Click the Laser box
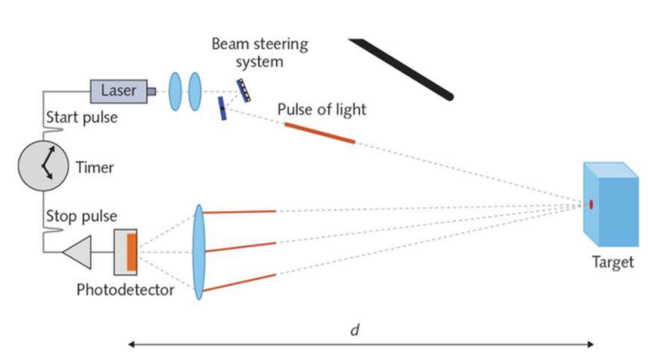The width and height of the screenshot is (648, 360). (118, 89)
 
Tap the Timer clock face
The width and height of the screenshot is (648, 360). (43, 165)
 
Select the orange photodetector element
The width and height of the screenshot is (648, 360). (131, 250)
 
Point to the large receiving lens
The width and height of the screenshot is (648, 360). (200, 251)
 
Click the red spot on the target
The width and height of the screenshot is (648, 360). (591, 204)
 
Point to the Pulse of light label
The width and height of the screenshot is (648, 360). (321, 110)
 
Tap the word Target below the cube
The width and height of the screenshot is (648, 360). (611, 262)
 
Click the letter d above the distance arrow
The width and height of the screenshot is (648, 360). (355, 329)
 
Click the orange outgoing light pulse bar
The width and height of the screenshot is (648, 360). (319, 133)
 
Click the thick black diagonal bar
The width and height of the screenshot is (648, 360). (401, 69)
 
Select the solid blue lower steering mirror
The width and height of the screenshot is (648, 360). (223, 108)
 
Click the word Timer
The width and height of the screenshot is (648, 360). (94, 167)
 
